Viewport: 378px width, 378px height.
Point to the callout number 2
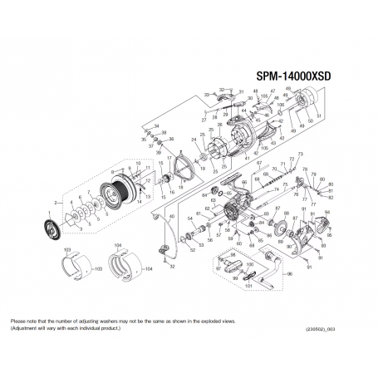pos(55,202)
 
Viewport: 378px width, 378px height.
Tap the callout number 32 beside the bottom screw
pos(173,268)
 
